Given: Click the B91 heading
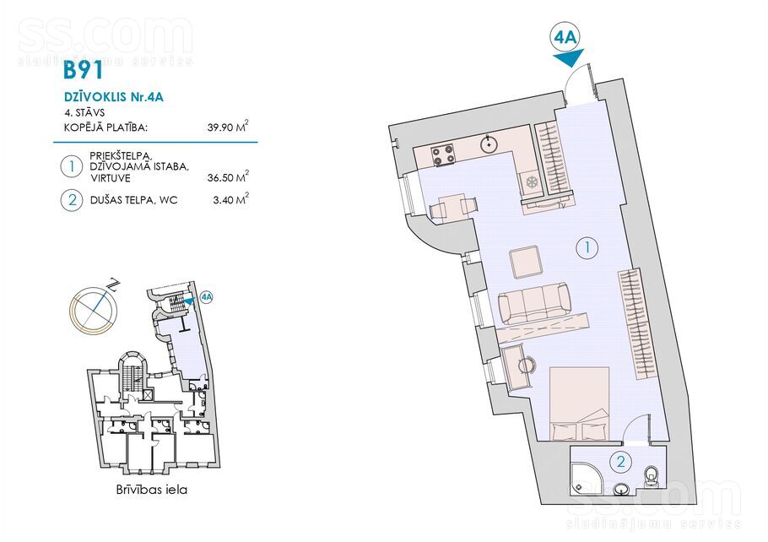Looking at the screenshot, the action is pyautogui.click(x=84, y=70).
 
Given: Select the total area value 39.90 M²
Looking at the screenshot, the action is pyautogui.click(x=228, y=127).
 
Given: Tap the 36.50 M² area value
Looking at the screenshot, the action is pyautogui.click(x=228, y=176).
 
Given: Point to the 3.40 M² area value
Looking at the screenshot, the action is pyautogui.click(x=230, y=199).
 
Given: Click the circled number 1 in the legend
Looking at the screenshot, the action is pyautogui.click(x=72, y=166).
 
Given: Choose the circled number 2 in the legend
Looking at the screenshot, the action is pyautogui.click(x=72, y=200).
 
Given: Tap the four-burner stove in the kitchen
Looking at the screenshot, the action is pyautogui.click(x=443, y=154).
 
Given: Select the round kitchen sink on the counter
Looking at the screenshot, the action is pyautogui.click(x=489, y=145).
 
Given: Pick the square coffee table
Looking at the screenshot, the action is pyautogui.click(x=525, y=263).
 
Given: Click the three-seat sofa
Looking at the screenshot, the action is pyautogui.click(x=534, y=303).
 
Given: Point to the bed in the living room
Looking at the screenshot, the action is pyautogui.click(x=580, y=404).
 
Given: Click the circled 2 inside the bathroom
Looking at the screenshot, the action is pyautogui.click(x=621, y=462).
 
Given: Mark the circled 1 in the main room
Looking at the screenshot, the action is pyautogui.click(x=587, y=248).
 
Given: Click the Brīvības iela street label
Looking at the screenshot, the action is pyautogui.click(x=152, y=490).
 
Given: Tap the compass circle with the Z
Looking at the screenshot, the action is pyautogui.click(x=93, y=310).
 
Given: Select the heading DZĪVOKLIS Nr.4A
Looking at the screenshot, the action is pyautogui.click(x=114, y=96).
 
